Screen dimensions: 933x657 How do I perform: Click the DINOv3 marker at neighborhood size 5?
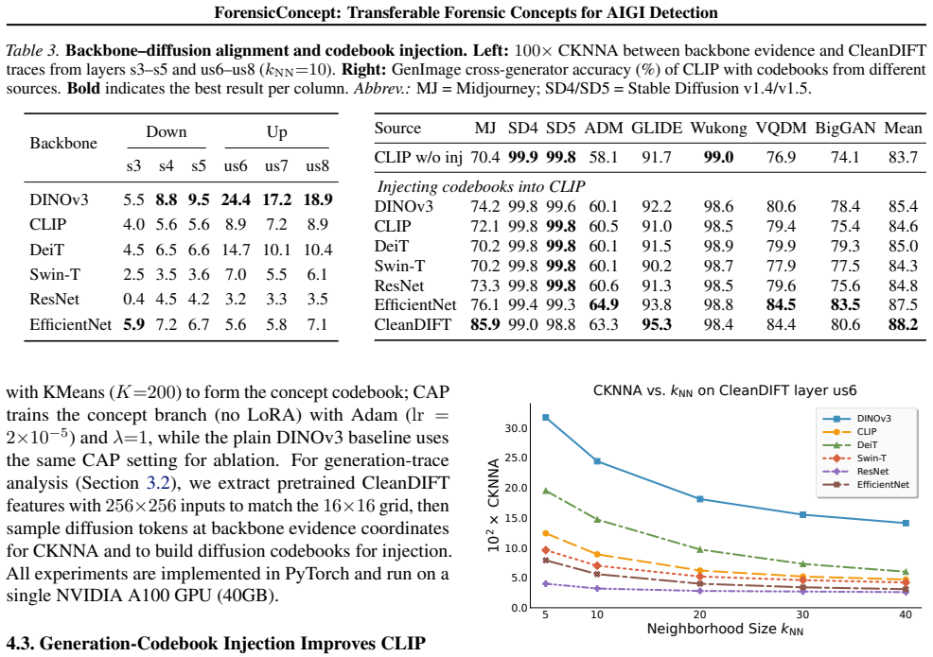(546, 418)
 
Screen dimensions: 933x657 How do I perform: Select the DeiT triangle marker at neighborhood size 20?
(700, 549)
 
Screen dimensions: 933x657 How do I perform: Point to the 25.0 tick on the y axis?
(516, 458)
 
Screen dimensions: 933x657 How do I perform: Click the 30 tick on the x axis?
(802, 614)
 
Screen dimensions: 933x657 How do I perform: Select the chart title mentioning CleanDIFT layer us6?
(725, 390)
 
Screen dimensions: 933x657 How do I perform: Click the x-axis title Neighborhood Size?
(725, 629)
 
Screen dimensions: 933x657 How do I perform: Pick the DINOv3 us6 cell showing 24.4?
(236, 199)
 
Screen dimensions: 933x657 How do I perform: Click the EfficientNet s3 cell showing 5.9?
(133, 324)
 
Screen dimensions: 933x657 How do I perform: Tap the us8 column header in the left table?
(317, 165)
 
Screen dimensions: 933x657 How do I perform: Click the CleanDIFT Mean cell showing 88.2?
(903, 324)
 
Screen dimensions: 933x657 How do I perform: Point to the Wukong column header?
(718, 129)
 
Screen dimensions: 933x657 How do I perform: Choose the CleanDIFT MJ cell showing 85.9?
(484, 324)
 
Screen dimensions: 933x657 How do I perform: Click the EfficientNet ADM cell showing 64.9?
(604, 305)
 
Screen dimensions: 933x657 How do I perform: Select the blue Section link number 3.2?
(158, 483)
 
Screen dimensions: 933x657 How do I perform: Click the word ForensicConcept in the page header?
(277, 12)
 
